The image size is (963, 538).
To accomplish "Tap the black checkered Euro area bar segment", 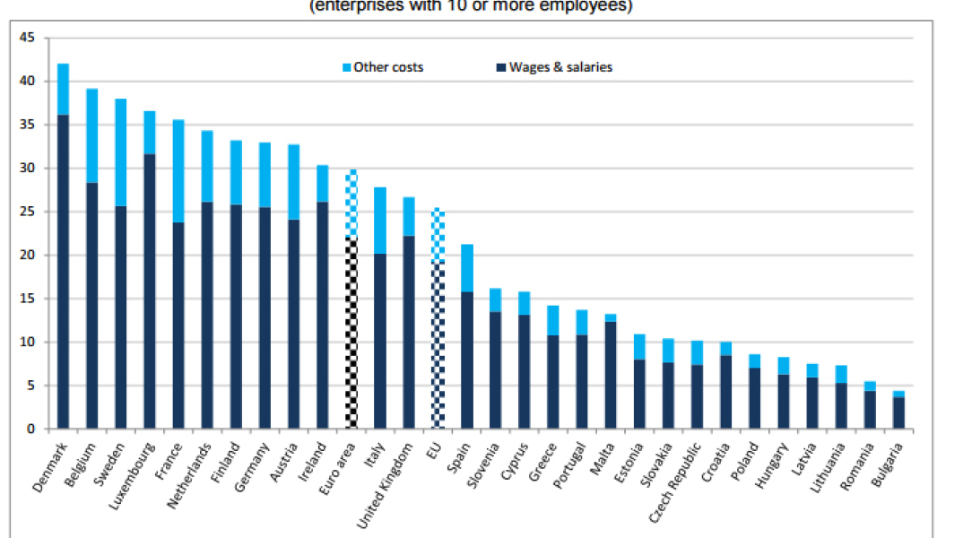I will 351,332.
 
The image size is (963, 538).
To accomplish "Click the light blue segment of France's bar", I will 178,170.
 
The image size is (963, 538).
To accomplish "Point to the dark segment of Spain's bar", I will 467,359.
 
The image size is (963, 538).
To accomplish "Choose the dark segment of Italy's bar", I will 380,341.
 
